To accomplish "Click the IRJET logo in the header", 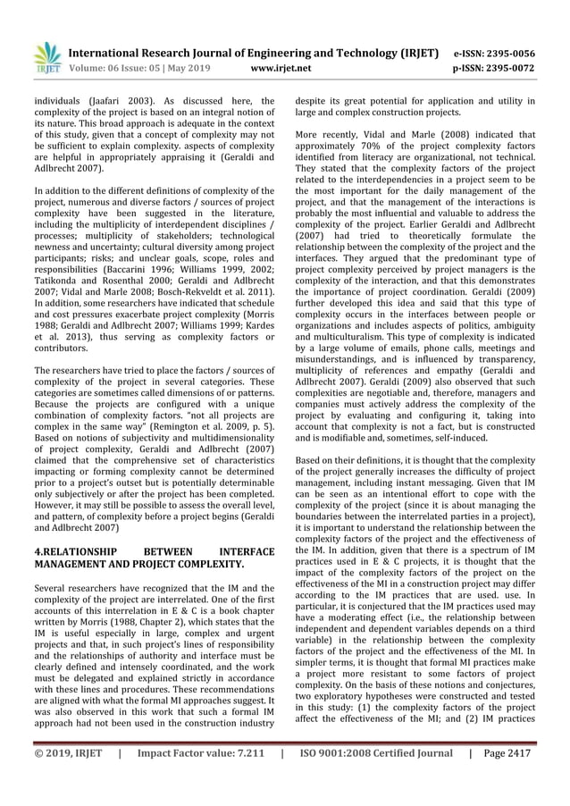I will click(x=46, y=56).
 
